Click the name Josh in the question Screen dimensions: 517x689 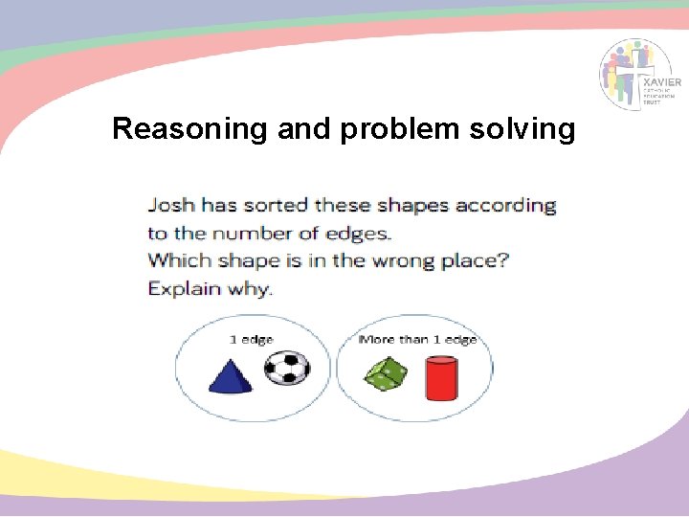[x=170, y=206]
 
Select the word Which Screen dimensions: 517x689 [x=179, y=260]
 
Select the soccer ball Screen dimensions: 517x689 [x=286, y=367]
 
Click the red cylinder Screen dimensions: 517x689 [x=441, y=378]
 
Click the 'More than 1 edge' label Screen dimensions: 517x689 [x=416, y=340]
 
